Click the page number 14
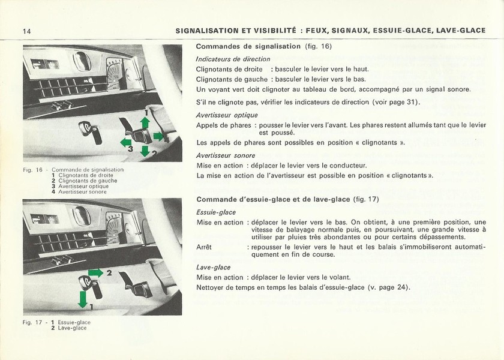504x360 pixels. pos(27,31)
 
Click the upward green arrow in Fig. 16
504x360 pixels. pos(145,122)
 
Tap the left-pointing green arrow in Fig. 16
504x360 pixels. pos(126,142)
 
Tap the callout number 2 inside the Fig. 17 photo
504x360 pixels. pos(109,273)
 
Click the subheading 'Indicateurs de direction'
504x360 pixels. pos(233,59)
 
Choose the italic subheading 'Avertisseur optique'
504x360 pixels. pos(227,115)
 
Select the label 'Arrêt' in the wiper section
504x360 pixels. pos(205,247)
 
